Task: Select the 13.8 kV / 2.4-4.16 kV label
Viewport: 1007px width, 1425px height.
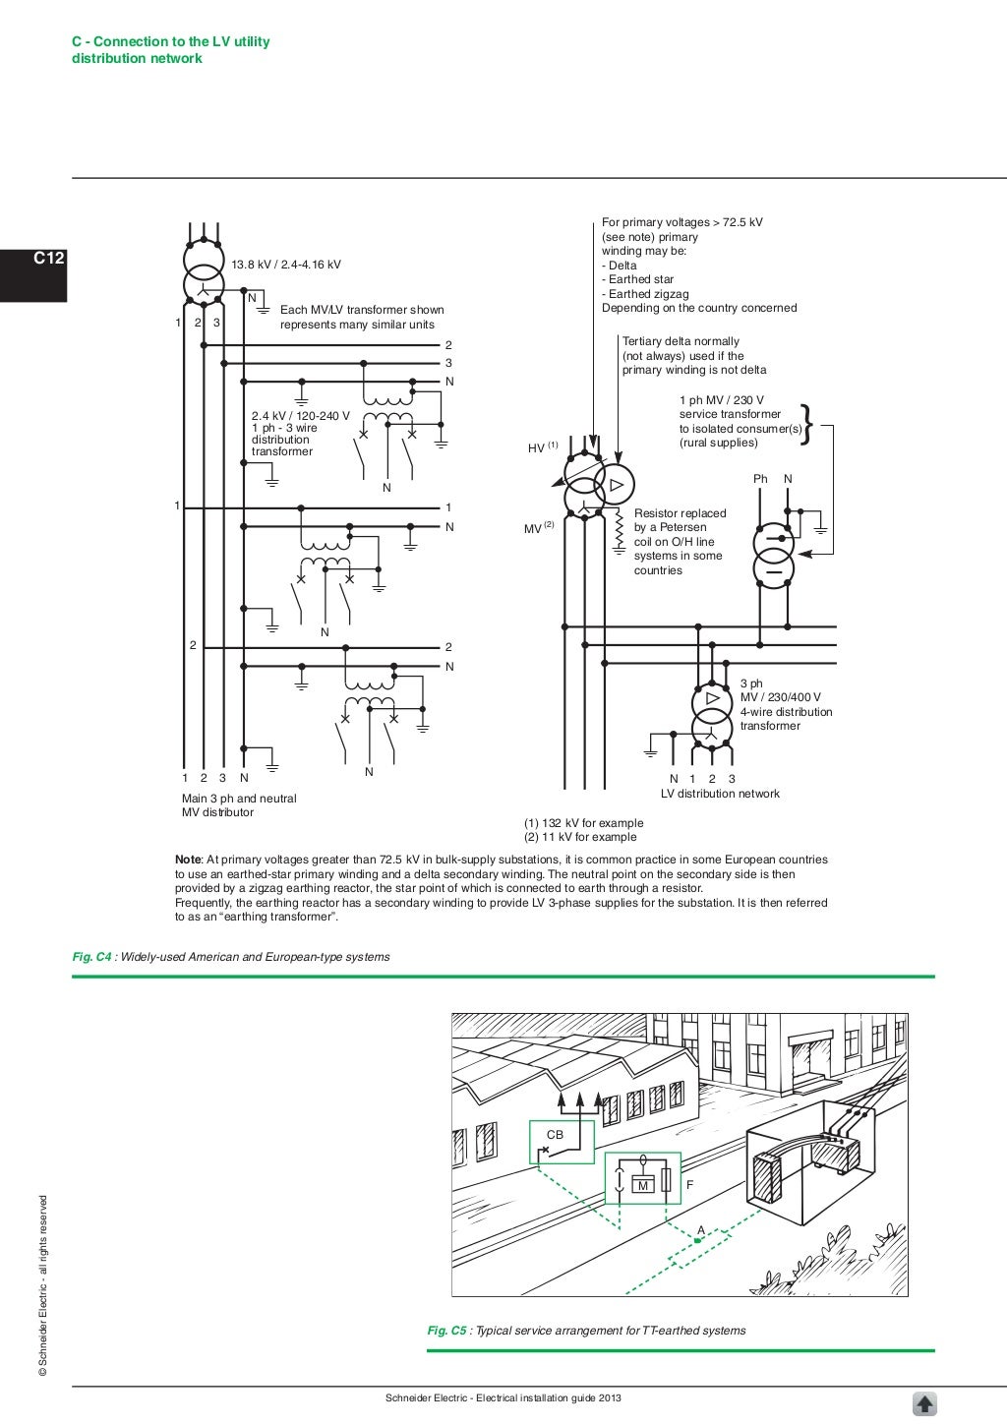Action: [x=286, y=265]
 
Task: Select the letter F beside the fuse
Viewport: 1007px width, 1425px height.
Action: [x=689, y=1185]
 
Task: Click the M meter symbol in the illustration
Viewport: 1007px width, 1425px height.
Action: [x=643, y=1185]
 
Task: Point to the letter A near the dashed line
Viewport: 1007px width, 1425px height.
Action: [x=701, y=1230]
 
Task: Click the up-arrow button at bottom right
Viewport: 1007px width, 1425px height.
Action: [x=925, y=1403]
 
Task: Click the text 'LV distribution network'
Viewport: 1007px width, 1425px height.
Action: [x=720, y=794]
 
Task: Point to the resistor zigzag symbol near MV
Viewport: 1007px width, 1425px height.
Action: [x=619, y=532]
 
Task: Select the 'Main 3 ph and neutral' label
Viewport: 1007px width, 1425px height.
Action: [x=239, y=799]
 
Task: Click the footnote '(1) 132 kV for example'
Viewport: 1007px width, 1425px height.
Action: [x=583, y=823]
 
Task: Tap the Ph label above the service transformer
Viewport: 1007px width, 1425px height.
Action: [x=760, y=479]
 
